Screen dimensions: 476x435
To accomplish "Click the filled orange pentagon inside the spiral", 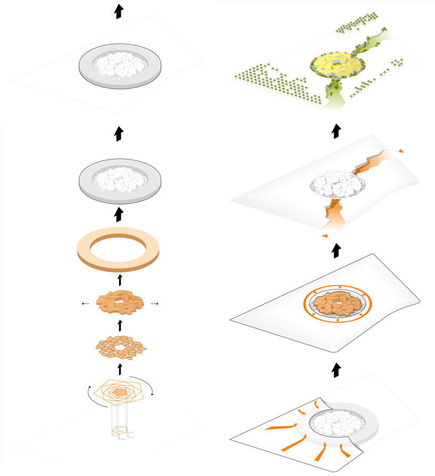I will click(121, 392).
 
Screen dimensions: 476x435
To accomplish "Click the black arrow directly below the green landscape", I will click(335, 131).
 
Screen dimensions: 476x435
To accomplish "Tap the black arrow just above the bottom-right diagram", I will click(335, 370).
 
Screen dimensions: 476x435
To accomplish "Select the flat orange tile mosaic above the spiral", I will click(120, 346).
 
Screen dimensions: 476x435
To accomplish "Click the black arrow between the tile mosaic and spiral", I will click(120, 368).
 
